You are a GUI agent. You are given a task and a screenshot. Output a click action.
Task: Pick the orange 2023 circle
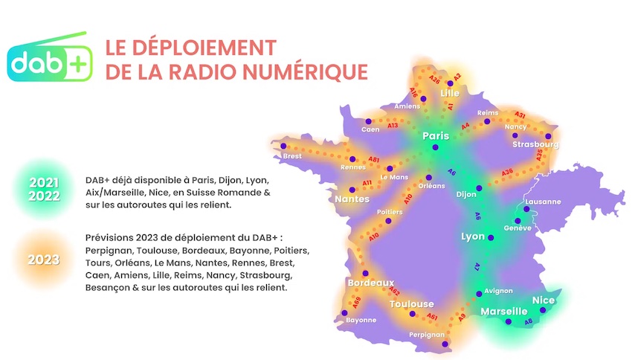44,260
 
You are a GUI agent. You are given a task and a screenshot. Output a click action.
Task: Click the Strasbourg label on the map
535,144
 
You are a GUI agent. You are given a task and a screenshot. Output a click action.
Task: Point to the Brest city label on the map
292,156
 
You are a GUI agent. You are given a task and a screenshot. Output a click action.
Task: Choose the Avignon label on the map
498,291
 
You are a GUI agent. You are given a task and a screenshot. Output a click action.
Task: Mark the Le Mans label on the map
394,177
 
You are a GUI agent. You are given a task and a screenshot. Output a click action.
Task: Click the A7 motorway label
478,266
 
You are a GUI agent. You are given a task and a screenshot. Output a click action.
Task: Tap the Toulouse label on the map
411,304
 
